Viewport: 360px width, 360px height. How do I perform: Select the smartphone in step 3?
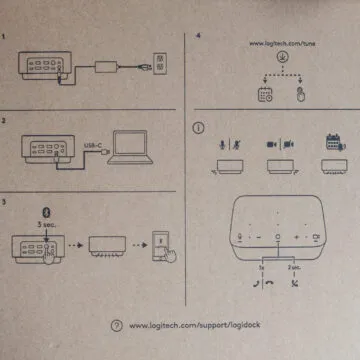coord(163,245)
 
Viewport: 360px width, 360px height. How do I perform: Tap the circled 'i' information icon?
coord(201,127)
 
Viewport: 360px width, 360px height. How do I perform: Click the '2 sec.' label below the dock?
coord(294,270)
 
